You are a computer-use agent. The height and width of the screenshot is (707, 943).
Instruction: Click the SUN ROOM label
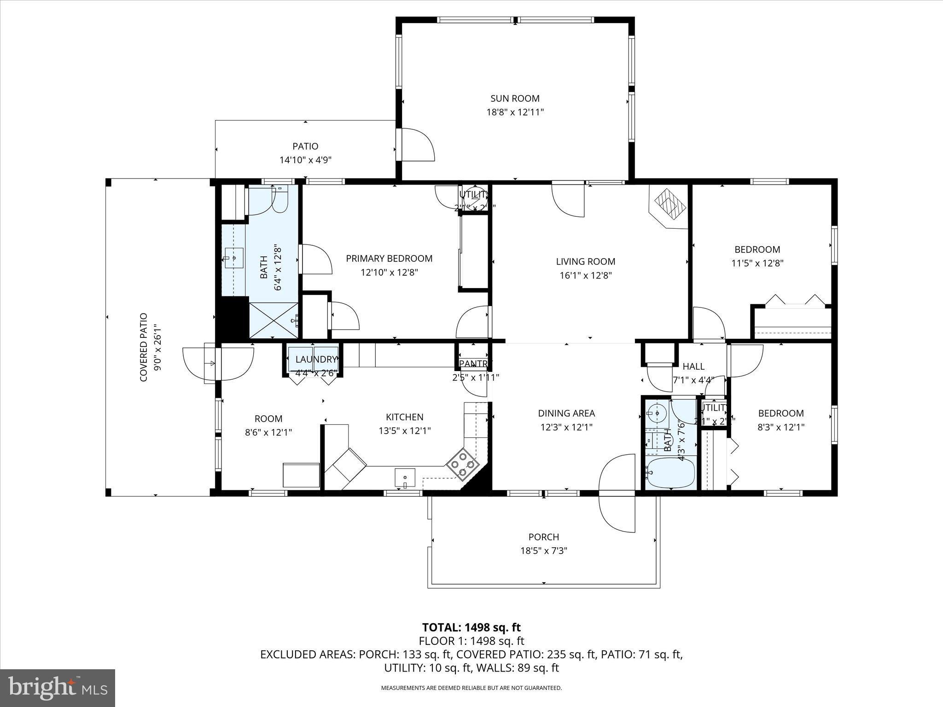(x=515, y=98)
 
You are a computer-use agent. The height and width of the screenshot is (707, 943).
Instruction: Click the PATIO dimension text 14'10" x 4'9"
(x=305, y=160)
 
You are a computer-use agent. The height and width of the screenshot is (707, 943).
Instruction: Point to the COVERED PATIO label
(x=143, y=347)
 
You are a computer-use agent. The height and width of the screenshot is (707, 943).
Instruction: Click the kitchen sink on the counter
(x=405, y=478)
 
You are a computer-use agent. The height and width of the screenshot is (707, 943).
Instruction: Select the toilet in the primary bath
(x=279, y=199)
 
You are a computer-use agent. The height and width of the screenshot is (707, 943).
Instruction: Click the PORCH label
(x=543, y=537)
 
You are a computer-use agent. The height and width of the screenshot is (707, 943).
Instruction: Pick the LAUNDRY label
(x=316, y=359)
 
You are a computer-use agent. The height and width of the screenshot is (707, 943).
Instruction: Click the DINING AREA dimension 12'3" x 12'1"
(x=566, y=427)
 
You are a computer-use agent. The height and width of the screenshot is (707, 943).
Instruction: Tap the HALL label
(x=693, y=366)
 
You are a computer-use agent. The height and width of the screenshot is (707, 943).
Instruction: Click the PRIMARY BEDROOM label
(x=389, y=258)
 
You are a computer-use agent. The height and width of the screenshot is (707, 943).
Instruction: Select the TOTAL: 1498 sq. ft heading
(x=471, y=627)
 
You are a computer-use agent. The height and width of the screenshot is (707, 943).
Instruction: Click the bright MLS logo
(x=58, y=688)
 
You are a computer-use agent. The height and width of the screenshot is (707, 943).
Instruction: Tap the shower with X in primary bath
(x=274, y=320)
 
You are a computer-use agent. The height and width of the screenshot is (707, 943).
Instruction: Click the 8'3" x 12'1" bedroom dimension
(x=781, y=427)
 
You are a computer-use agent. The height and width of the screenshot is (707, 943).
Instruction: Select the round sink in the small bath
(x=657, y=412)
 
